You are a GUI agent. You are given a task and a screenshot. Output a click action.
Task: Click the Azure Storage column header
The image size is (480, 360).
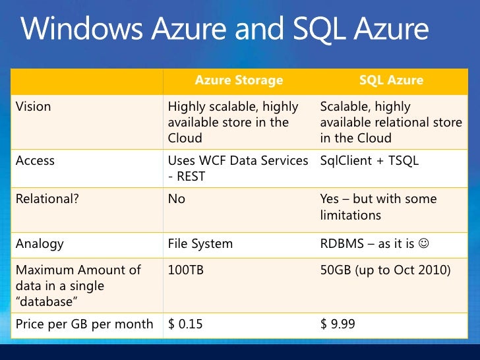pos(239,80)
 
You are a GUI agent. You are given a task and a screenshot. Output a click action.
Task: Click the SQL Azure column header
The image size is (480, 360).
pos(391,80)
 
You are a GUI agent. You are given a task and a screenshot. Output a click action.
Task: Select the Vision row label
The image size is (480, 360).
pos(34,107)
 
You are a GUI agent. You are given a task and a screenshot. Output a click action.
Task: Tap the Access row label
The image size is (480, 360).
pos(35,161)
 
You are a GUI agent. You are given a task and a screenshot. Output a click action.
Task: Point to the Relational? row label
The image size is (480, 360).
pos(47,199)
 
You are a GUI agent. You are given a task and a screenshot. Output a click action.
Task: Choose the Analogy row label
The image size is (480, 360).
pos(40,243)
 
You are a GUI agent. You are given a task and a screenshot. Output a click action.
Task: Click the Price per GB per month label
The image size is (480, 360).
pos(84,324)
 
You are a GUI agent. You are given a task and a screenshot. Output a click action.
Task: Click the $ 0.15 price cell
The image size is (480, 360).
pos(186,324)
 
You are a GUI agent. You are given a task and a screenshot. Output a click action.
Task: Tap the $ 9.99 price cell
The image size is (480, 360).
pos(338,324)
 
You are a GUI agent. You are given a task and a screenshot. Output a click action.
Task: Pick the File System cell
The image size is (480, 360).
pos(200,243)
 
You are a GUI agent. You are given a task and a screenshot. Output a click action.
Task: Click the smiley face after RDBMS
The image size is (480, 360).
pos(423,244)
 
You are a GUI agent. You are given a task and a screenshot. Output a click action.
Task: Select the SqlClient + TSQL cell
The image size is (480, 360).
pos(369,161)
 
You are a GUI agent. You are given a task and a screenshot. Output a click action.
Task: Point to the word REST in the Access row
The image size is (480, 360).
pos(191,177)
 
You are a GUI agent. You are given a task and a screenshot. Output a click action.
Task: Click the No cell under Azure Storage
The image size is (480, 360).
pos(177,199)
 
